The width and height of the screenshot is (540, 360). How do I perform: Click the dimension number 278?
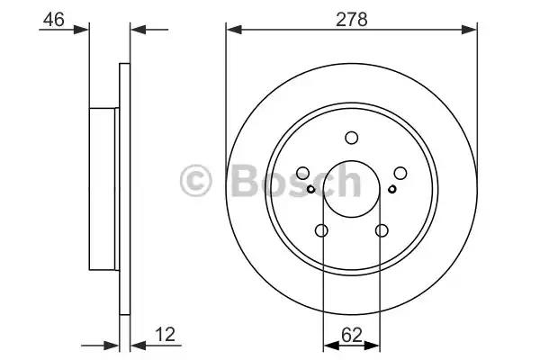pyautogui.click(x=352, y=19)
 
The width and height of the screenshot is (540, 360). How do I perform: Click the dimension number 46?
pyautogui.click(x=54, y=19)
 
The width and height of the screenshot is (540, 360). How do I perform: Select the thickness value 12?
pyautogui.click(x=166, y=334)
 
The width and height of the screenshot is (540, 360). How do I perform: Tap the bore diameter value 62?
pyautogui.click(x=352, y=335)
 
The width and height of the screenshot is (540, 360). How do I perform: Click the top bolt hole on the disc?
pyautogui.click(x=352, y=138)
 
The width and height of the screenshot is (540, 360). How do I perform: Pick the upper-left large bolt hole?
pyautogui.click(x=302, y=174)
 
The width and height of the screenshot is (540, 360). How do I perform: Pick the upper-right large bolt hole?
pyautogui.click(x=400, y=174)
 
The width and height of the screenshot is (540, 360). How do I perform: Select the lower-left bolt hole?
pyautogui.click(x=321, y=230)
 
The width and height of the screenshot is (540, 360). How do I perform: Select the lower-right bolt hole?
pyautogui.click(x=382, y=230)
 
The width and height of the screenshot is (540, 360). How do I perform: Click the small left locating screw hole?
pyautogui.click(x=310, y=189)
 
